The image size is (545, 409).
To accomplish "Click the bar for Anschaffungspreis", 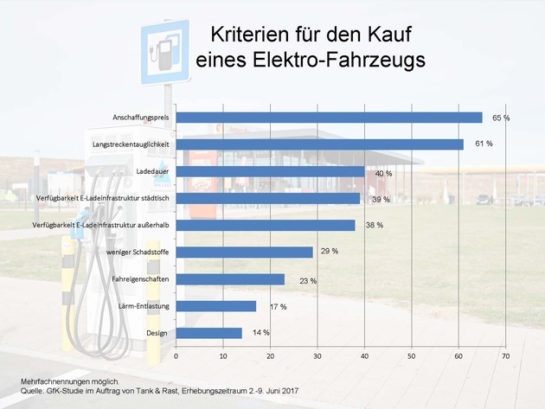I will [x=329, y=118].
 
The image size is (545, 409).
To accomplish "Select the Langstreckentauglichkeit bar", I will [x=319, y=144].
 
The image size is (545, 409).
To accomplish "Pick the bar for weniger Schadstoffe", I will [x=244, y=252].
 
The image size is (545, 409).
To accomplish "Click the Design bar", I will [x=208, y=333].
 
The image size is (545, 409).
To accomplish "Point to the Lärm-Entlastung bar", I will [x=215, y=306].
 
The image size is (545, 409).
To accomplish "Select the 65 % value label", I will [x=501, y=118].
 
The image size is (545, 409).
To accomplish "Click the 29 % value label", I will [x=329, y=252].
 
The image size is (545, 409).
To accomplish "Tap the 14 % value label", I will [x=260, y=333].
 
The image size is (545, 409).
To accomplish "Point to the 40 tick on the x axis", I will [x=364, y=355].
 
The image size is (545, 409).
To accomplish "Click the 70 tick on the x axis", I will [x=506, y=355].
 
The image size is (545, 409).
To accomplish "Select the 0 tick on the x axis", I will [x=176, y=355].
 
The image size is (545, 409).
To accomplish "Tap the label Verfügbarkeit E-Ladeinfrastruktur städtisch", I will [x=108, y=198].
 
